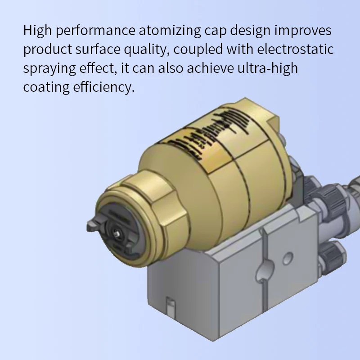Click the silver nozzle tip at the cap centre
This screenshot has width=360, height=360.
pyautogui.click(x=118, y=232)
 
